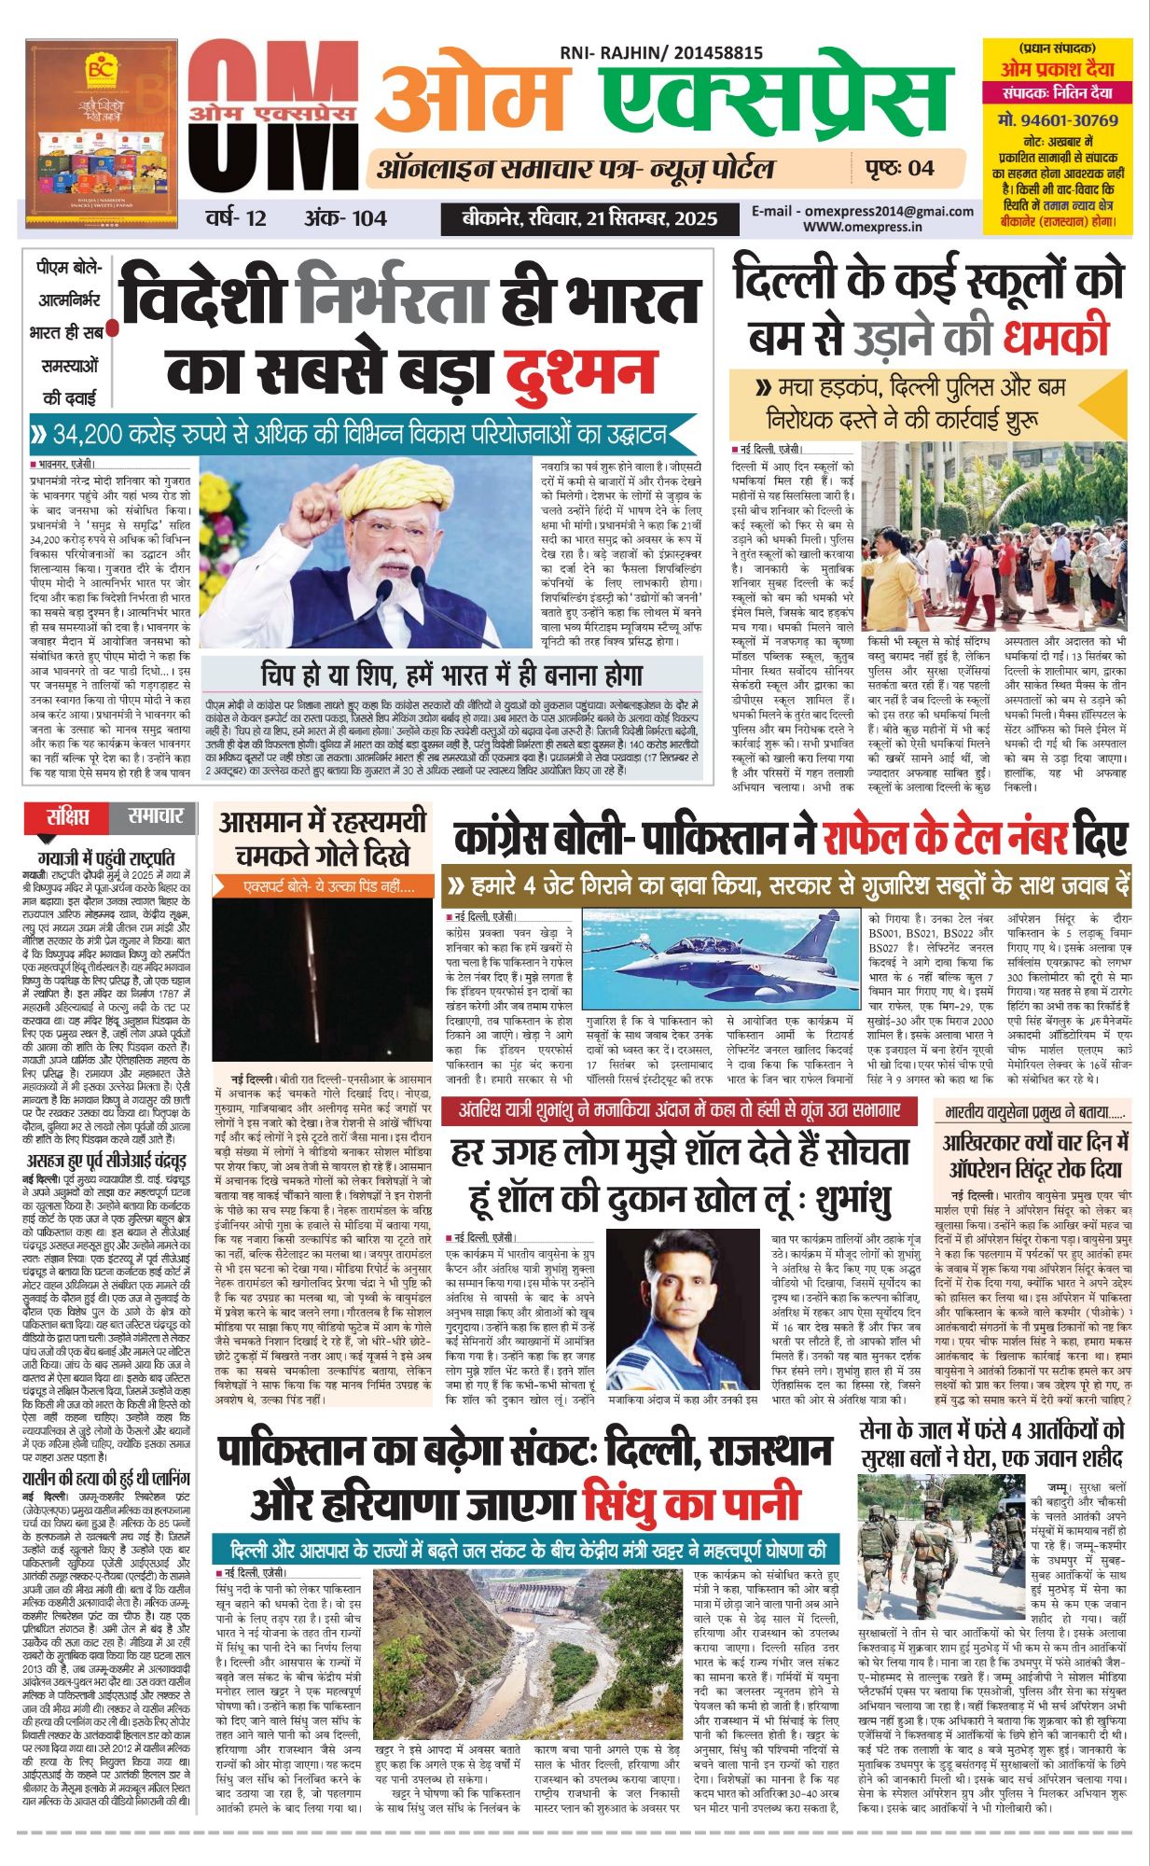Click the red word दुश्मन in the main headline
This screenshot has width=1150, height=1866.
580,369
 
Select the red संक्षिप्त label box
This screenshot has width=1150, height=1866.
69,817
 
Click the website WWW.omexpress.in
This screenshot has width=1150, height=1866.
862,227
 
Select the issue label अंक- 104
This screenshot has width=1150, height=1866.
345,218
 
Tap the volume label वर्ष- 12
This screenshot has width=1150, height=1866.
236,218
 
